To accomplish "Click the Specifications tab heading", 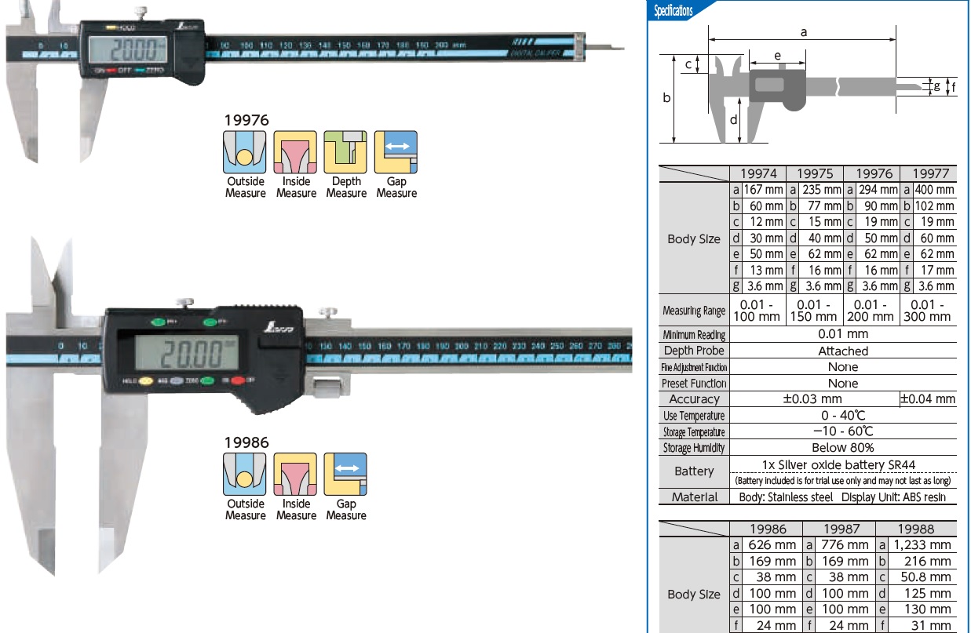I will pos(673,11).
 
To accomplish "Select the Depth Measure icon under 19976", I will pos(345,152).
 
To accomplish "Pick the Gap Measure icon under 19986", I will pos(345,474).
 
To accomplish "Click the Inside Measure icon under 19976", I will pos(295,152).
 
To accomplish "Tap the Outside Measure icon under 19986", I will pos(245,474).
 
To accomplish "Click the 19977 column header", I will pos(928,174).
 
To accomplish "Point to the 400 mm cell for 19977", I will pos(934,190).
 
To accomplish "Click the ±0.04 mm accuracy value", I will pos(928,399).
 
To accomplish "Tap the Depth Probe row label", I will pos(694,351).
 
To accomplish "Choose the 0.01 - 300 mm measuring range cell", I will pos(928,310).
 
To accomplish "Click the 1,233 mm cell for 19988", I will pos(922,544).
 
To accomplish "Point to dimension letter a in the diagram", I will pos(803,32).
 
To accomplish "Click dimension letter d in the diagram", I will pos(733,120).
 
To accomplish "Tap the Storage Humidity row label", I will pos(694,448).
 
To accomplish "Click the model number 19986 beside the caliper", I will pos(246,442).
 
